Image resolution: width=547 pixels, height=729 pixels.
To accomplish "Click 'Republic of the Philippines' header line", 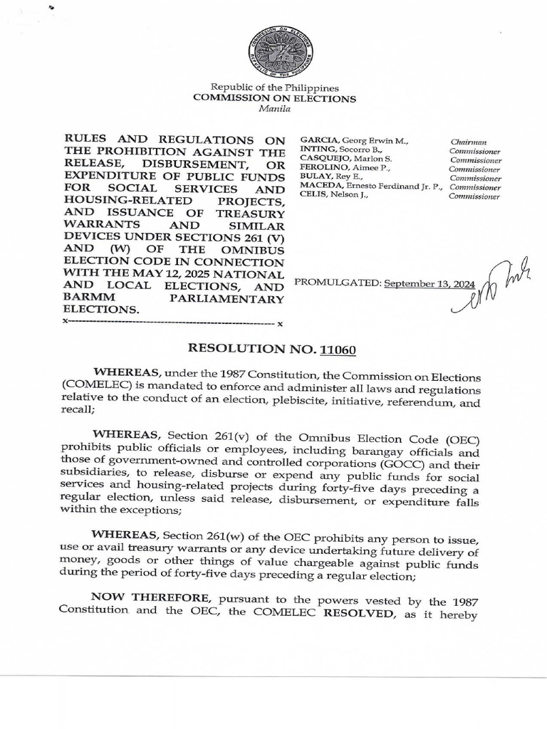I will [x=275, y=88].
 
